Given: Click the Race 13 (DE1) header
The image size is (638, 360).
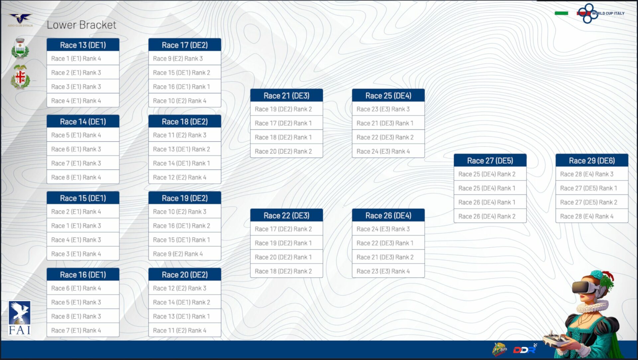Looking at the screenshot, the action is coord(83,45).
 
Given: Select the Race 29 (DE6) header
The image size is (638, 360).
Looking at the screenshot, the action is coord(591,161).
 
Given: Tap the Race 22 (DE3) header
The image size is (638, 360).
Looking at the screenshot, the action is coord(286,215).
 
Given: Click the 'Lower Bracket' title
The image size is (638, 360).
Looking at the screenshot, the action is coord(81,25).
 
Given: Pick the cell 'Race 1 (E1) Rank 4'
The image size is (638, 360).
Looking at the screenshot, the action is coord(83,59).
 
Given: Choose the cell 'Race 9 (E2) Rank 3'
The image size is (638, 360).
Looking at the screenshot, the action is coord(185,59).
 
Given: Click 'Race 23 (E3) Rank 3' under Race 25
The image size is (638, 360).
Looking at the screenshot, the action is coord(388,109).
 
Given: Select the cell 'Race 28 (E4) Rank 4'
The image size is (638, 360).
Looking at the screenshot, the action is coord(591,216).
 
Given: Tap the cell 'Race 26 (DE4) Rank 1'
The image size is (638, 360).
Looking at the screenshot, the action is coord(490,202).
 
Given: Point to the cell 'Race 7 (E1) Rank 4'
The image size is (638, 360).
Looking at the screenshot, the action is coord(83,330).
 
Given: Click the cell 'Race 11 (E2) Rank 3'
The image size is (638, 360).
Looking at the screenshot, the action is coord(185,135).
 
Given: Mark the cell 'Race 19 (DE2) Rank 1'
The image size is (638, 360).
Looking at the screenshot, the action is coord(286,243).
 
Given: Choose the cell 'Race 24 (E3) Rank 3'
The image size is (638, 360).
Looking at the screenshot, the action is coord(388,229).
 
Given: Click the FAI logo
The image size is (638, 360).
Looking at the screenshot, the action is coord(20,318).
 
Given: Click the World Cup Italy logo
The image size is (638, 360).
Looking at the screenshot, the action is coord(601,13).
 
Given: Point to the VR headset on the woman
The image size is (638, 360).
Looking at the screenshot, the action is coord(585,288).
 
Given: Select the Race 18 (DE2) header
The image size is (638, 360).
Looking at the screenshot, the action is coord(185,122).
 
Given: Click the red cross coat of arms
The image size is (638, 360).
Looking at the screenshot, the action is coord(20,77).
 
